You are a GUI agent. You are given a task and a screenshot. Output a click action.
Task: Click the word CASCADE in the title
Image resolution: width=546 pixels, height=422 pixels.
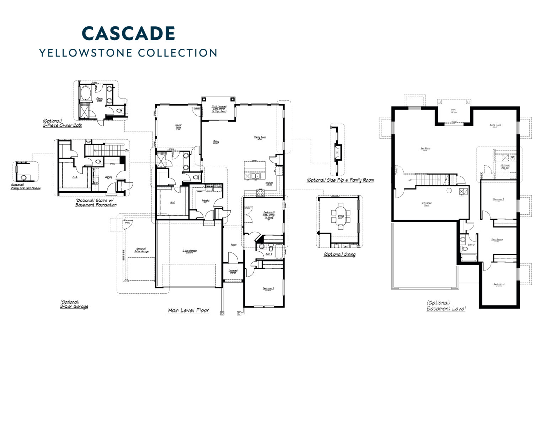[128, 33]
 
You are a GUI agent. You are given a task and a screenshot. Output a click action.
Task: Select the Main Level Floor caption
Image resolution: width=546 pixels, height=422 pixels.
[188, 310]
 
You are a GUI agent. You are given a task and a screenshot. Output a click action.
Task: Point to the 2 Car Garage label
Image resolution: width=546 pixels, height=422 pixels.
[189, 251]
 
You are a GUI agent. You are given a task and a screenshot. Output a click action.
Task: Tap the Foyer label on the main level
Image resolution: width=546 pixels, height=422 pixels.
[234, 245]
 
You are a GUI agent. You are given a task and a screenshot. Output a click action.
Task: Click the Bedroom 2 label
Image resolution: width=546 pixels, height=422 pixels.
[268, 288]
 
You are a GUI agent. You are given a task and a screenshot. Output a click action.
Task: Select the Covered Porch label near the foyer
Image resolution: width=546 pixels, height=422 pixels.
[233, 272]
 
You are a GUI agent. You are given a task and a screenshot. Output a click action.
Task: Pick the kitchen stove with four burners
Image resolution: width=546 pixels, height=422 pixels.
[261, 193]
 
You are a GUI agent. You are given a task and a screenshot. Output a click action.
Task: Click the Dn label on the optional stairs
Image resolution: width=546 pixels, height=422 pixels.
[126, 150]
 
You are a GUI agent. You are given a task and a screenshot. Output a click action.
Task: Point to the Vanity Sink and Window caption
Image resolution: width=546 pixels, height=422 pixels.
[26, 187]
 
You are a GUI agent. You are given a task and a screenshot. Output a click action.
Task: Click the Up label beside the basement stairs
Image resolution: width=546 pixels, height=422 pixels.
[410, 180]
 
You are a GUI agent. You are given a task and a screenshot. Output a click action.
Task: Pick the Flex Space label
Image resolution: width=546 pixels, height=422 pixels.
[497, 240]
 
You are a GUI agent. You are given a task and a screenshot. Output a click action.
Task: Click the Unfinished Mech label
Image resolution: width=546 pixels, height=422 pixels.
[427, 204]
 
